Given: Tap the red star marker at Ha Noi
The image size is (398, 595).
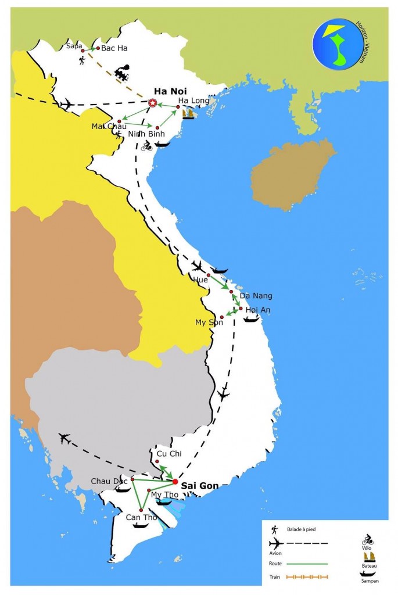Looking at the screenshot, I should (152, 103).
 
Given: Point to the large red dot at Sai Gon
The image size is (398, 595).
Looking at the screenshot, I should (175, 481).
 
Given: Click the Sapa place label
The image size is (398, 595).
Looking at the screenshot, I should (74, 45).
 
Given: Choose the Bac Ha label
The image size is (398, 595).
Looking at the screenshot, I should (114, 48).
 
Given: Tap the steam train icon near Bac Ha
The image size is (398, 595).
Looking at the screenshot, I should (122, 74).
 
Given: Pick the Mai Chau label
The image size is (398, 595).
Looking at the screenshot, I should (105, 126).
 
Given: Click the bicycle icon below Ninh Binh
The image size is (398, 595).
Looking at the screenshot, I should (146, 146).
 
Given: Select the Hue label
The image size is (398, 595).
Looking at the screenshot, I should (200, 279).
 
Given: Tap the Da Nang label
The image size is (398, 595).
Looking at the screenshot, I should (256, 296).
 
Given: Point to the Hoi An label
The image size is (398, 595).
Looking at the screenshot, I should (258, 310).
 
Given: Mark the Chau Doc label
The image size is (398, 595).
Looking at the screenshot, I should (108, 481).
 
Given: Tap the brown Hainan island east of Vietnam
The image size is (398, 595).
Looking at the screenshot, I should (292, 174).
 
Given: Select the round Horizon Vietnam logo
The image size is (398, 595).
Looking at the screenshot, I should (338, 44).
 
